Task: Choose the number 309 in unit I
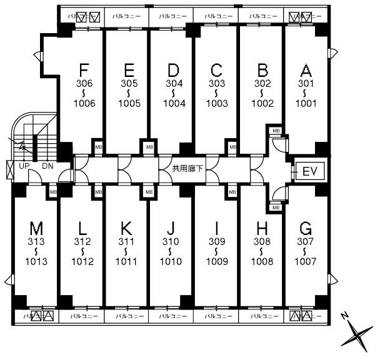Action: [216, 242]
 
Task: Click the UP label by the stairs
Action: [24, 166]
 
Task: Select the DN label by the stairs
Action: [48, 166]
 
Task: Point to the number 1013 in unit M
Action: [36, 262]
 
